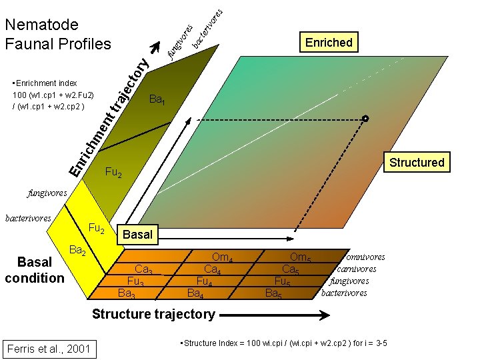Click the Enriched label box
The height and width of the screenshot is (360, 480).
(328, 43)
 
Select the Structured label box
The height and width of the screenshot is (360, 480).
(417, 162)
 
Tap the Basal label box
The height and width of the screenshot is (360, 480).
(137, 234)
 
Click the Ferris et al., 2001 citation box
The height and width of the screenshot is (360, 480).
(48, 348)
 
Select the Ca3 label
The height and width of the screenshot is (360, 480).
(143, 270)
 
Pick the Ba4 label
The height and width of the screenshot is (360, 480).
(195, 292)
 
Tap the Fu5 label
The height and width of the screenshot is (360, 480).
(283, 281)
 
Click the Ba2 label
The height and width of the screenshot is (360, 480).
(77, 251)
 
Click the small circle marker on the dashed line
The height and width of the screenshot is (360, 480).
(365, 119)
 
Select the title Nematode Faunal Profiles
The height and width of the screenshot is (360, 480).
(57, 35)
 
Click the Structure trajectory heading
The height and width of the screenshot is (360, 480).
(153, 313)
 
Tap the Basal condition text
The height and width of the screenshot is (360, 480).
(34, 270)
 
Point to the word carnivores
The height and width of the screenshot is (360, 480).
(357, 269)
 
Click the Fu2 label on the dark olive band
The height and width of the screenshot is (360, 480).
(113, 174)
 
